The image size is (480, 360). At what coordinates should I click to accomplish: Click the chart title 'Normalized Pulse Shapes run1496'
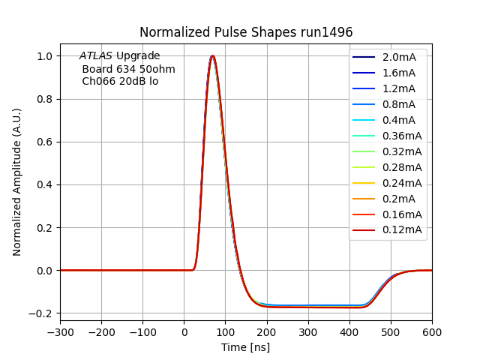pos(246,32)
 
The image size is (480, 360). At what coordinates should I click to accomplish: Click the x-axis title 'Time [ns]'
pos(245,347)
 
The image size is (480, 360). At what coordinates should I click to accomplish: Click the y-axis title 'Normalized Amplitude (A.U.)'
pos(17,181)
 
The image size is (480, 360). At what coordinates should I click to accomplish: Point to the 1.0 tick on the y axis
pos(46,56)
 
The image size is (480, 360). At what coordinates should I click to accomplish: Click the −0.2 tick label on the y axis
pos(43,313)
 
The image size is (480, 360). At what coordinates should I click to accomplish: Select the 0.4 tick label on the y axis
pos(46,184)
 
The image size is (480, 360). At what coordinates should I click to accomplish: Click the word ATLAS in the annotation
pos(96,56)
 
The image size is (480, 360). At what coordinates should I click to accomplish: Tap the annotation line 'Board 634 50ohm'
pos(128,69)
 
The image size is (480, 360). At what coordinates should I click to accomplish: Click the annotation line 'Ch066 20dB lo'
pos(120,81)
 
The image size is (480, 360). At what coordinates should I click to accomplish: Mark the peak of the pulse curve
pos(213,55)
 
